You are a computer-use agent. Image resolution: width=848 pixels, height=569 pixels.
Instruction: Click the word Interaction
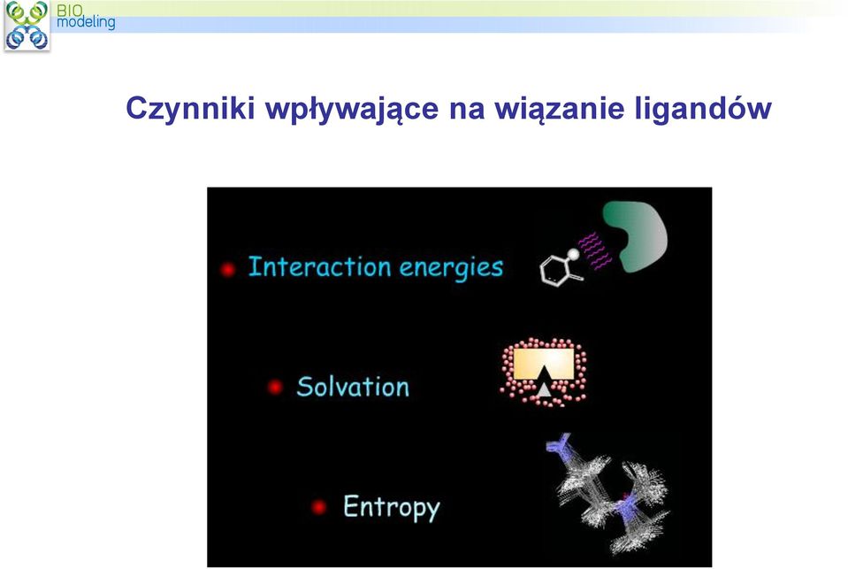(x=319, y=267)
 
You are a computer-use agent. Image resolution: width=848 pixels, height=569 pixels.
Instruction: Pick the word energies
(x=451, y=268)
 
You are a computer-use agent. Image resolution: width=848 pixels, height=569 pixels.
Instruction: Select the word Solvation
(x=353, y=387)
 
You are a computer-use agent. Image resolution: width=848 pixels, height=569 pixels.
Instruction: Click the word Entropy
(x=392, y=508)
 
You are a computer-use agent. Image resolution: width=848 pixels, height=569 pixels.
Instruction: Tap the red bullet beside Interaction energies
(x=227, y=269)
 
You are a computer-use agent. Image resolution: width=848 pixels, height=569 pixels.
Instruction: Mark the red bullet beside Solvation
(x=275, y=387)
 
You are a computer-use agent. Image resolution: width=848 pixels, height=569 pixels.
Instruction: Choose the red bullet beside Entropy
(x=319, y=507)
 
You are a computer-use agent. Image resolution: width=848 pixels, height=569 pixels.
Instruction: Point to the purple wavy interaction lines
(x=594, y=250)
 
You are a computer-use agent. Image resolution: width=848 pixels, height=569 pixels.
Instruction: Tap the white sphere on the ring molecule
(x=573, y=253)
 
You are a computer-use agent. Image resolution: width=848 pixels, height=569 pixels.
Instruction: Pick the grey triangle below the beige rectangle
(x=544, y=389)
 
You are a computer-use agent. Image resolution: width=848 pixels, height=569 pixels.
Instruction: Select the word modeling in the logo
(x=86, y=22)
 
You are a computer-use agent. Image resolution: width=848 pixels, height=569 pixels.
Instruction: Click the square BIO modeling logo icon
(x=27, y=26)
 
